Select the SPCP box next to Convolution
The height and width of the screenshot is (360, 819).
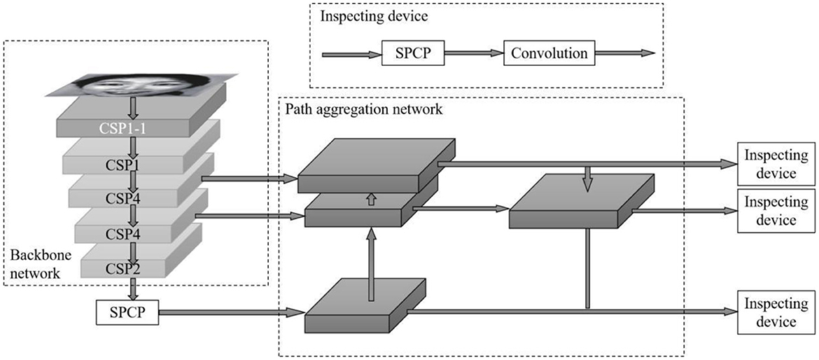[x=412, y=53]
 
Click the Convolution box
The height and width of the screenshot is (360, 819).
[x=549, y=53]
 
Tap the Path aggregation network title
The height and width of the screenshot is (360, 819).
[x=363, y=110]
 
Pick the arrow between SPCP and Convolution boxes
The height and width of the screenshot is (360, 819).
[x=473, y=53]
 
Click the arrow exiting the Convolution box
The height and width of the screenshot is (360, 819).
[x=625, y=53]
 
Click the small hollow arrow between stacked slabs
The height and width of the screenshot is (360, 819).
[x=371, y=200]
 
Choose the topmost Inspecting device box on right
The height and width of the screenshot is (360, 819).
[x=770, y=164]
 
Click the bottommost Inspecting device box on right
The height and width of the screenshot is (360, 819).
[x=770, y=313]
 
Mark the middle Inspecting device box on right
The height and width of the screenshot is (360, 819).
[x=770, y=210]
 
